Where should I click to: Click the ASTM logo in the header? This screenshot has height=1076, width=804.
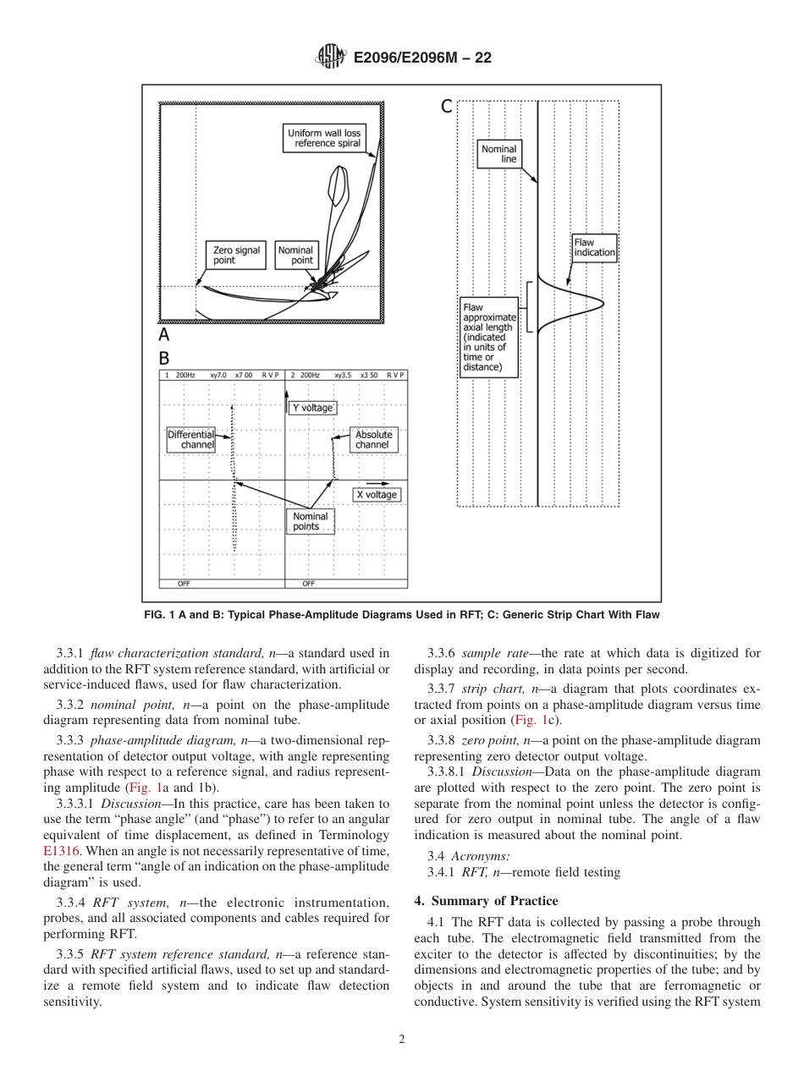coord(331,58)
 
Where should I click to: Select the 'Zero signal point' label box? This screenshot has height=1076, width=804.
coord(236,255)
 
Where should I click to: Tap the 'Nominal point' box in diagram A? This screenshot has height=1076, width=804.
coord(296,255)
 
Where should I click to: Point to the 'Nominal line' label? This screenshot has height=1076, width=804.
coord(498,154)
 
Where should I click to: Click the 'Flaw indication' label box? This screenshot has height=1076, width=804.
coord(594,247)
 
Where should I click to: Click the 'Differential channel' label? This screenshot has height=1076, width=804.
coord(191,440)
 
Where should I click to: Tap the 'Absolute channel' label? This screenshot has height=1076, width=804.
coord(372,440)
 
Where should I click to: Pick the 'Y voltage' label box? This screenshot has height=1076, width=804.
coord(312,408)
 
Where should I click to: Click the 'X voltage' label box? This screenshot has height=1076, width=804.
coord(376,495)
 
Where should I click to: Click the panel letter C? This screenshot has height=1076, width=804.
coord(446,107)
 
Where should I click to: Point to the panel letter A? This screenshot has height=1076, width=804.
coord(165,335)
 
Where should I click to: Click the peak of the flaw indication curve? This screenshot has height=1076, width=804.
coord(602,303)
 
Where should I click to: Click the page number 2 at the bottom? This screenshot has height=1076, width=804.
coord(402,1040)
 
